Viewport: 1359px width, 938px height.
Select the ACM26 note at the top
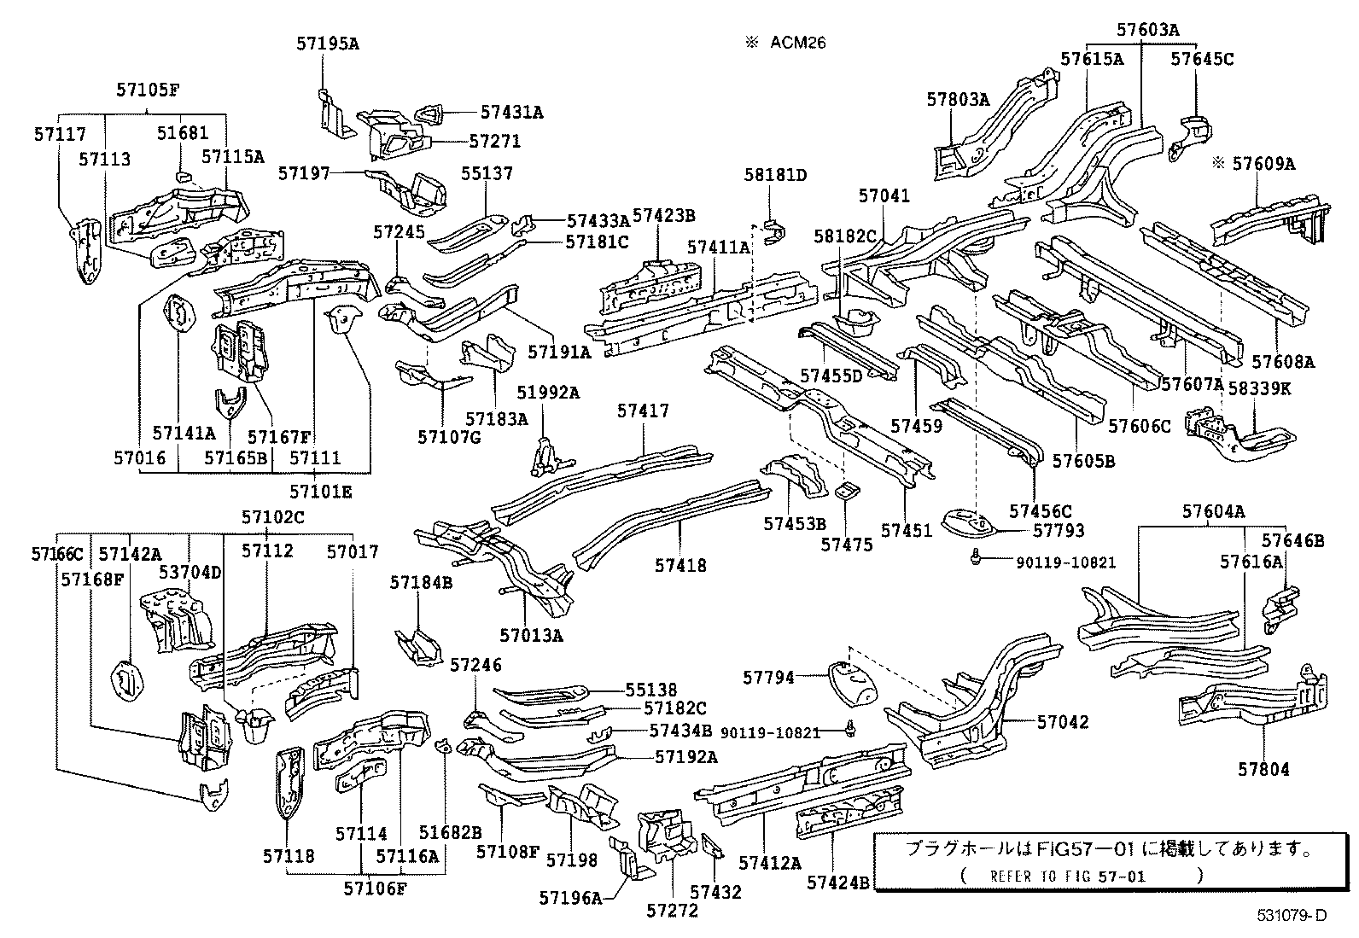click(x=796, y=43)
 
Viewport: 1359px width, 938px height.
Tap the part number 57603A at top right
click(x=1147, y=30)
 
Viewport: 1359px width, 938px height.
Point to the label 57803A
click(x=957, y=99)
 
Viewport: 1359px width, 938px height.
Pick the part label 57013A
click(x=532, y=635)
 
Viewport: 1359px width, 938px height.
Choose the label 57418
click(x=681, y=565)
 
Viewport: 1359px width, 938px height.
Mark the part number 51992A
click(x=548, y=393)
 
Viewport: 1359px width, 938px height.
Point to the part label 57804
click(x=1263, y=769)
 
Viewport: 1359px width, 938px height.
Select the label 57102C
click(x=272, y=516)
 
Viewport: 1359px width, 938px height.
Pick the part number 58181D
click(x=774, y=175)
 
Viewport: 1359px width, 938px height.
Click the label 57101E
click(x=320, y=492)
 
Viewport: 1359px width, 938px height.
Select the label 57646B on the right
click(x=1292, y=540)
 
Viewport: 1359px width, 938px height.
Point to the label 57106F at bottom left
click(x=375, y=888)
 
